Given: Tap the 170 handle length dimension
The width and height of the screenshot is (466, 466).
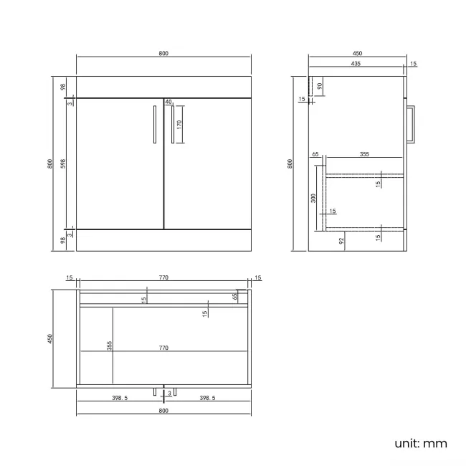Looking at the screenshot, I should click(x=179, y=124).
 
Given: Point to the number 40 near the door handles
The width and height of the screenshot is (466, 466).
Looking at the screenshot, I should click(x=168, y=102).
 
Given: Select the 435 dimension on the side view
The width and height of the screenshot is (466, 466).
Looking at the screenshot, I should click(x=356, y=64).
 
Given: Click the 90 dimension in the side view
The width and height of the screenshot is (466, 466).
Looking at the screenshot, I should click(x=320, y=85).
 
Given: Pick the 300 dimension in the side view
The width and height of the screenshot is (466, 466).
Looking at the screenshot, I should click(x=313, y=199).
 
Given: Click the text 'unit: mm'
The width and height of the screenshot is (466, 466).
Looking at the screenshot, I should click(x=420, y=443).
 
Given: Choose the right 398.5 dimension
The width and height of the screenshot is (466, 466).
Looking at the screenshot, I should click(x=209, y=397).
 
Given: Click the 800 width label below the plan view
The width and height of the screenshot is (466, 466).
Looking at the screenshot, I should click(x=163, y=411).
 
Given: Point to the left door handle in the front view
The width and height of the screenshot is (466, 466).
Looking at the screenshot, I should click(x=155, y=125).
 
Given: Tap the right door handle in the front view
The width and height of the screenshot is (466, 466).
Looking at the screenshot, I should click(x=173, y=125).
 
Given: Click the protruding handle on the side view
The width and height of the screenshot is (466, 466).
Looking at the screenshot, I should click(x=411, y=125).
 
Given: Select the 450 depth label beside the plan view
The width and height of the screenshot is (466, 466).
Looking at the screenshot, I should click(x=50, y=339).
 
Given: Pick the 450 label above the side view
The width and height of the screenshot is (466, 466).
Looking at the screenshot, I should click(x=356, y=53).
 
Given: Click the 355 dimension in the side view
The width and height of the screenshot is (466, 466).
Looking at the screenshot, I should click(x=364, y=153).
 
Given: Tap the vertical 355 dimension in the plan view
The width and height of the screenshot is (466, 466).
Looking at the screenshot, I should click(x=110, y=346).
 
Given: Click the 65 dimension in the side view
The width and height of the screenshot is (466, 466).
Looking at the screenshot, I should click(x=315, y=154).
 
